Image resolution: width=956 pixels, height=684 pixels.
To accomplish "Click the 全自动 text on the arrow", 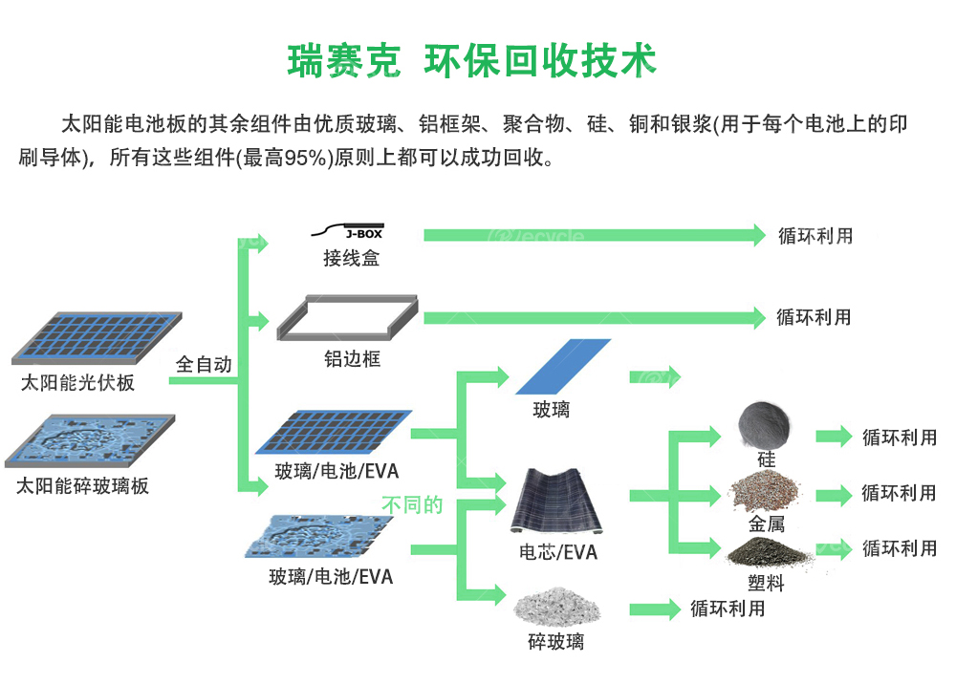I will [x=204, y=365].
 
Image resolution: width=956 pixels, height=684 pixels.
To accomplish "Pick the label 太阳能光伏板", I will [x=77, y=384].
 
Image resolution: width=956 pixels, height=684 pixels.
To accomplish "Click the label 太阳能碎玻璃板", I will [x=83, y=486].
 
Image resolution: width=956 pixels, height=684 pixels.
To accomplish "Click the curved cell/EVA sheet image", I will [x=558, y=502].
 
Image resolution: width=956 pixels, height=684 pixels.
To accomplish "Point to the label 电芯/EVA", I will [x=558, y=552].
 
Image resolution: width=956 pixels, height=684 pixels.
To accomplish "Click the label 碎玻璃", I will [x=555, y=642].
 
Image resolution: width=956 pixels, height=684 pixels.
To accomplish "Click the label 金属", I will [x=766, y=524].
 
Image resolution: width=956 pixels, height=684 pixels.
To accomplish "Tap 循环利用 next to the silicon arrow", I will [x=899, y=438].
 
